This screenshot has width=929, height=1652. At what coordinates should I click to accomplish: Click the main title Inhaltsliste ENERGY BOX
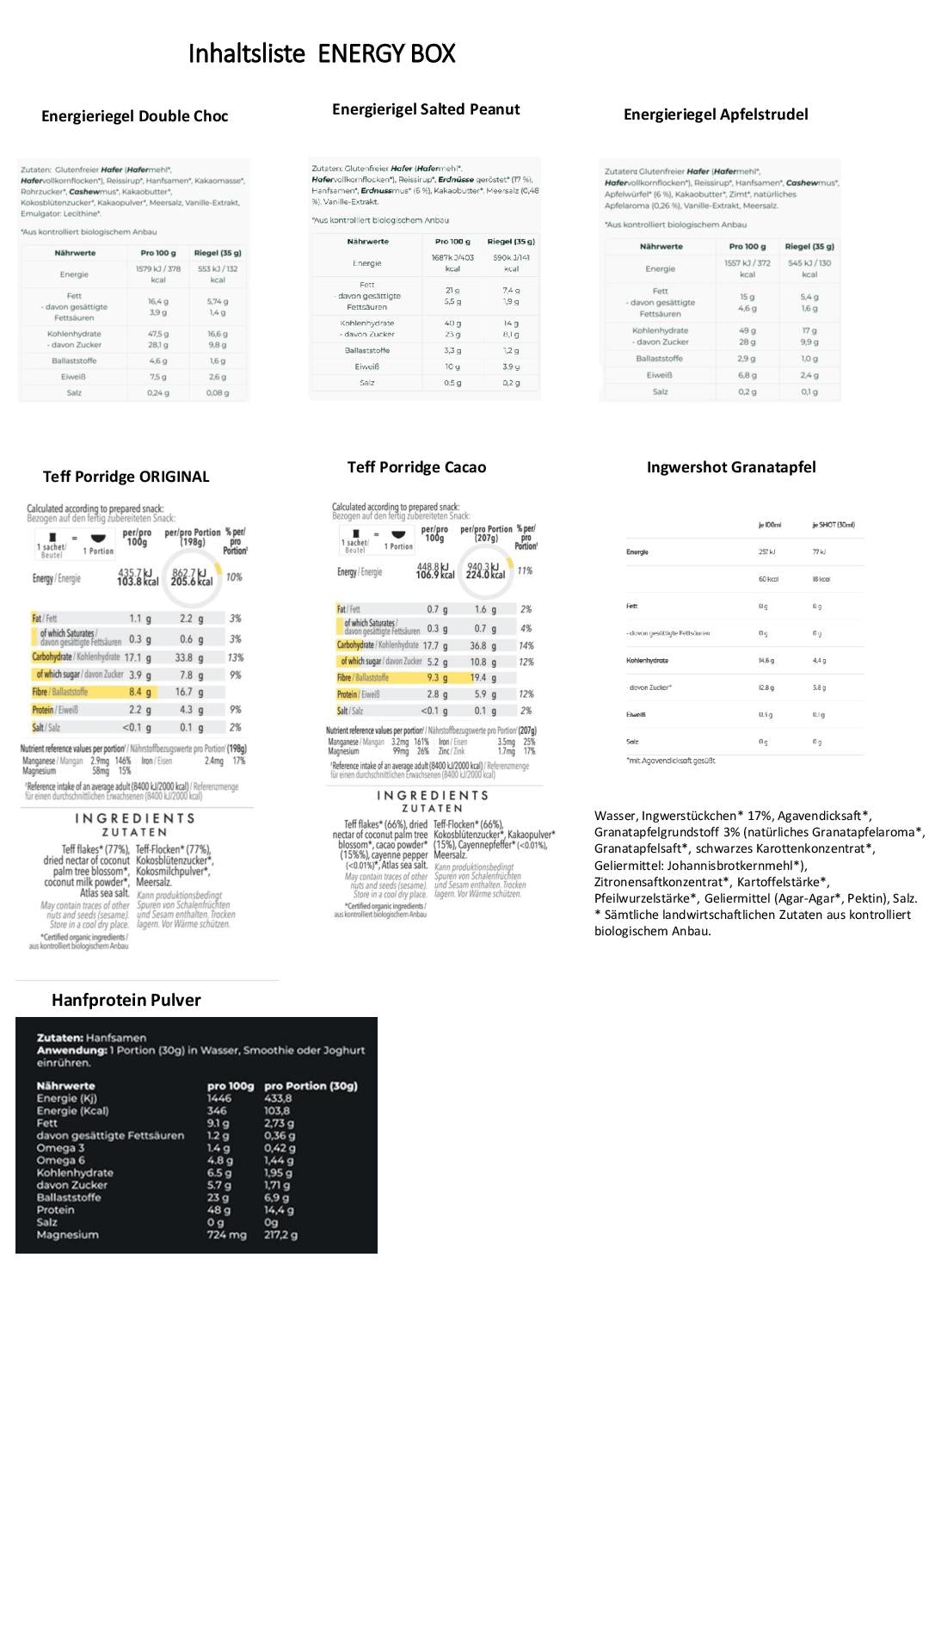(321, 54)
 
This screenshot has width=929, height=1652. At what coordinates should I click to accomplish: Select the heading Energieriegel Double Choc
(135, 116)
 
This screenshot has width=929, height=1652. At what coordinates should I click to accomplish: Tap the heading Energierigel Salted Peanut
(426, 109)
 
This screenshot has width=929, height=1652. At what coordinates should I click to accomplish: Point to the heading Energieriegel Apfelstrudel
(716, 114)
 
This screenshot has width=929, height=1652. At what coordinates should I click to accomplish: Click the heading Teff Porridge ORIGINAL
(126, 477)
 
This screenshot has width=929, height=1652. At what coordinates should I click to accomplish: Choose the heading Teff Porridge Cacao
(416, 467)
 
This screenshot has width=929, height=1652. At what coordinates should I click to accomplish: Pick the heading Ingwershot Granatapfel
(731, 467)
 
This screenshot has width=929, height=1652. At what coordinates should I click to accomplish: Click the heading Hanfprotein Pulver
(126, 1000)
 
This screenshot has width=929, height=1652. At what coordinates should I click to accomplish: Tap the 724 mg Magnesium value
(226, 1235)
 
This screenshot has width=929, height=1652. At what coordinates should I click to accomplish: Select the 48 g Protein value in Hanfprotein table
(218, 1210)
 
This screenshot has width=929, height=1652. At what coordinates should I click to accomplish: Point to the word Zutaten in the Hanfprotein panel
(59, 1038)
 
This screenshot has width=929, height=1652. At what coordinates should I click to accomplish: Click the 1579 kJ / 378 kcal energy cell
(157, 274)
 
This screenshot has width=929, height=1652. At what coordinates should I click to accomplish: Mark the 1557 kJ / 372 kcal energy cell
(747, 268)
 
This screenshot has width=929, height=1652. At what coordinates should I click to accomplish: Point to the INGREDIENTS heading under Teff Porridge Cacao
(433, 796)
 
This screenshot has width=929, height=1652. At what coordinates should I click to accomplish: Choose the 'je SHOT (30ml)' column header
(833, 525)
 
